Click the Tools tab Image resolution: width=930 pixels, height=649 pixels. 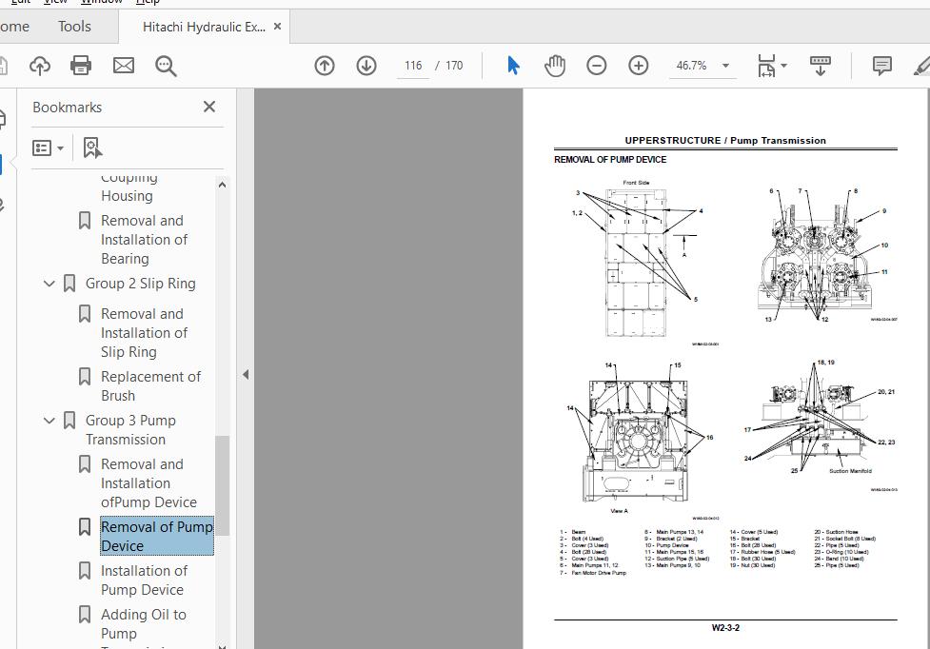[x=74, y=27]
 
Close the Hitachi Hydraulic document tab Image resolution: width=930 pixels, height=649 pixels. [x=278, y=27]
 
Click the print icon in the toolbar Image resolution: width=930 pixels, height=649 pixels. [x=81, y=66]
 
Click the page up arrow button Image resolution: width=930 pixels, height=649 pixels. [x=325, y=66]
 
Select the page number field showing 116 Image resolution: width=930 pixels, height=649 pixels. [x=412, y=66]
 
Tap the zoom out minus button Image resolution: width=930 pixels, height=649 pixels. [x=597, y=66]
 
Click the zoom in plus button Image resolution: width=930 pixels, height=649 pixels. [x=639, y=66]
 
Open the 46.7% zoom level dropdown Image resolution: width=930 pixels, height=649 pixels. [x=725, y=66]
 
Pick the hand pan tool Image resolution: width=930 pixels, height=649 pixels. [x=555, y=66]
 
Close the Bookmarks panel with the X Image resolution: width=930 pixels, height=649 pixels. [x=209, y=107]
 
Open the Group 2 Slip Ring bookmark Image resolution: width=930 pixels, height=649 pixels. [x=140, y=284]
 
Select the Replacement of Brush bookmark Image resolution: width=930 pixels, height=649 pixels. [x=150, y=385]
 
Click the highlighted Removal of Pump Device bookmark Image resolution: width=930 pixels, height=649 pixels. [x=156, y=536]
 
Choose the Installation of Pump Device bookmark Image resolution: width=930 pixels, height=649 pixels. [x=144, y=580]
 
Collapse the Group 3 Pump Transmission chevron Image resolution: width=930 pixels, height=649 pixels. [x=49, y=421]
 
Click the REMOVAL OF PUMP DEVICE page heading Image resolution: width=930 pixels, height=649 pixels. [x=610, y=160]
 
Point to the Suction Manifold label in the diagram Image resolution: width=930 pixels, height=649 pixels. [x=850, y=471]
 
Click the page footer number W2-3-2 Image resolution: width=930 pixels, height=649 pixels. [x=725, y=628]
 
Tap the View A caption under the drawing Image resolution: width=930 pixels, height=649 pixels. [x=619, y=511]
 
